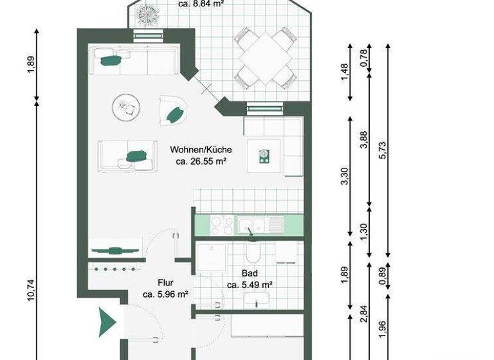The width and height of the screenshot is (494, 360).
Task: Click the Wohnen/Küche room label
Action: [x=201, y=150]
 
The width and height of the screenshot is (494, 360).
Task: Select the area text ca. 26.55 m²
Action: [x=201, y=162]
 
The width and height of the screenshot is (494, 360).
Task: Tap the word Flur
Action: [x=166, y=282]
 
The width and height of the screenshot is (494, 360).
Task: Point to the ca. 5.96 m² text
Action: [x=165, y=294]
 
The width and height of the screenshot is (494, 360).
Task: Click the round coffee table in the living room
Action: [x=126, y=107]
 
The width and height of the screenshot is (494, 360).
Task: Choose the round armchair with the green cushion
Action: [x=173, y=111]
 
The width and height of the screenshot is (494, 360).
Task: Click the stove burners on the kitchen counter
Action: [x=222, y=225]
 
